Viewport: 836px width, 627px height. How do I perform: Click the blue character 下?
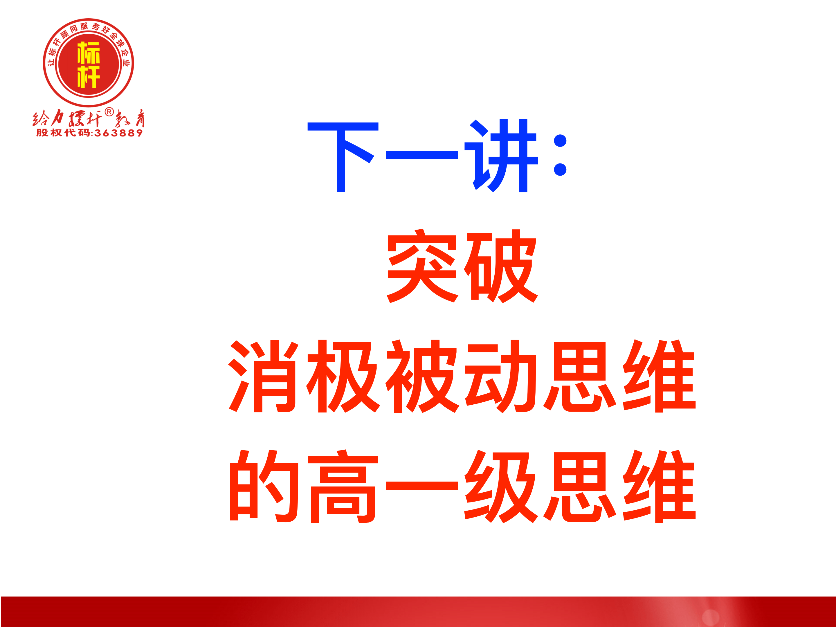pyautogui.click(x=343, y=157)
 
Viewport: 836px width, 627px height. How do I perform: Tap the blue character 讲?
pyautogui.click(x=501, y=156)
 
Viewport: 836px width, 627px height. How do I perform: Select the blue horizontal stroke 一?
pyautogui.click(x=422, y=155)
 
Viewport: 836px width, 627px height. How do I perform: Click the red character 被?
pyautogui.click(x=422, y=376)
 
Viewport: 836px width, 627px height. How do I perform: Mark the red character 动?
pyautogui.click(x=501, y=376)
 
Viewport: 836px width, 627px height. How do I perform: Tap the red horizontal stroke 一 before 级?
pyautogui.click(x=422, y=486)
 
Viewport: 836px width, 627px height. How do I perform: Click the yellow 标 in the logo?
pyautogui.click(x=89, y=53)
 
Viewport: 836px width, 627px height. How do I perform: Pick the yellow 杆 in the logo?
pyautogui.click(x=89, y=77)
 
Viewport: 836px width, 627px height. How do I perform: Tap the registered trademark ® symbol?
pyautogui.click(x=109, y=112)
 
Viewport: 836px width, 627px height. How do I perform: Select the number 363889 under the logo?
pyautogui.click(x=119, y=133)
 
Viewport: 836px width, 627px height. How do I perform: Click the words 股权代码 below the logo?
pyautogui.click(x=63, y=133)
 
